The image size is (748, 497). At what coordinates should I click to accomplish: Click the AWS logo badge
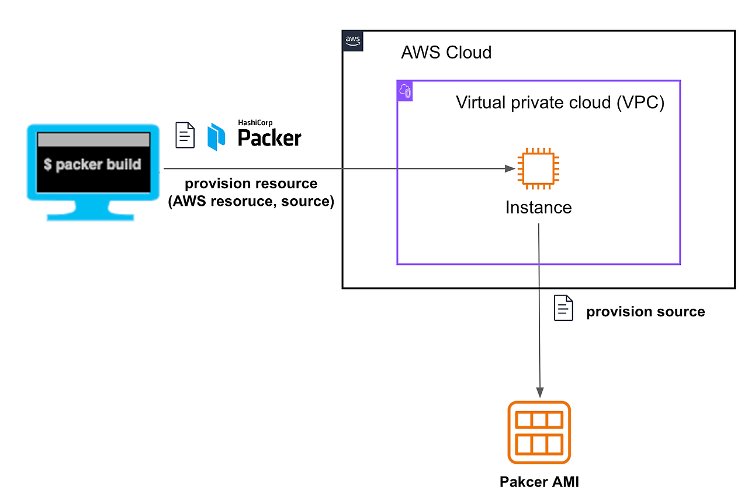[352, 41]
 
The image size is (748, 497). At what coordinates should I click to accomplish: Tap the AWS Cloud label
[446, 53]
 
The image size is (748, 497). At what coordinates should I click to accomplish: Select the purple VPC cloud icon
[405, 91]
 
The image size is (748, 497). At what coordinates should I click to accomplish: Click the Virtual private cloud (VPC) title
[560, 102]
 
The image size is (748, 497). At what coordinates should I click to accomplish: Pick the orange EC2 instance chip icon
[538, 168]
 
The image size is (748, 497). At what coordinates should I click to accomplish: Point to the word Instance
[538, 208]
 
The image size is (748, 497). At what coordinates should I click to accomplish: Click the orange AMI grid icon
[539, 433]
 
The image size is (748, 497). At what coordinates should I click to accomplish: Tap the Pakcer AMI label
[539, 482]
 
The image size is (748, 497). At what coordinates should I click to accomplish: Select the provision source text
[646, 312]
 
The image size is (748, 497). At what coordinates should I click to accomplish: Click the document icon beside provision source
[563, 308]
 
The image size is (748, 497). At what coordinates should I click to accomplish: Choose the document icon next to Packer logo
[185, 135]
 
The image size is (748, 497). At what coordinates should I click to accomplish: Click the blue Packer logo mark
[216, 137]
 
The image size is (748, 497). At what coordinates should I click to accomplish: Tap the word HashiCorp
[255, 123]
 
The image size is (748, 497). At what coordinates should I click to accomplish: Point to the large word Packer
[269, 137]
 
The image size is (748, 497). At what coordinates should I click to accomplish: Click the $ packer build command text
[92, 164]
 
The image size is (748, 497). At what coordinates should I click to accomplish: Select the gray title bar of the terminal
[93, 139]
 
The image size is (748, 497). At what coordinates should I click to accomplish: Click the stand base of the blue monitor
[91, 217]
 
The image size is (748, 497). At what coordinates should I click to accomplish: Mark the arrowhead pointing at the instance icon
[510, 168]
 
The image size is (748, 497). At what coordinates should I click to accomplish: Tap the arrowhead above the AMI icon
[540, 392]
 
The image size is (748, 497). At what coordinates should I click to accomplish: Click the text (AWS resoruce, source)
[251, 201]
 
